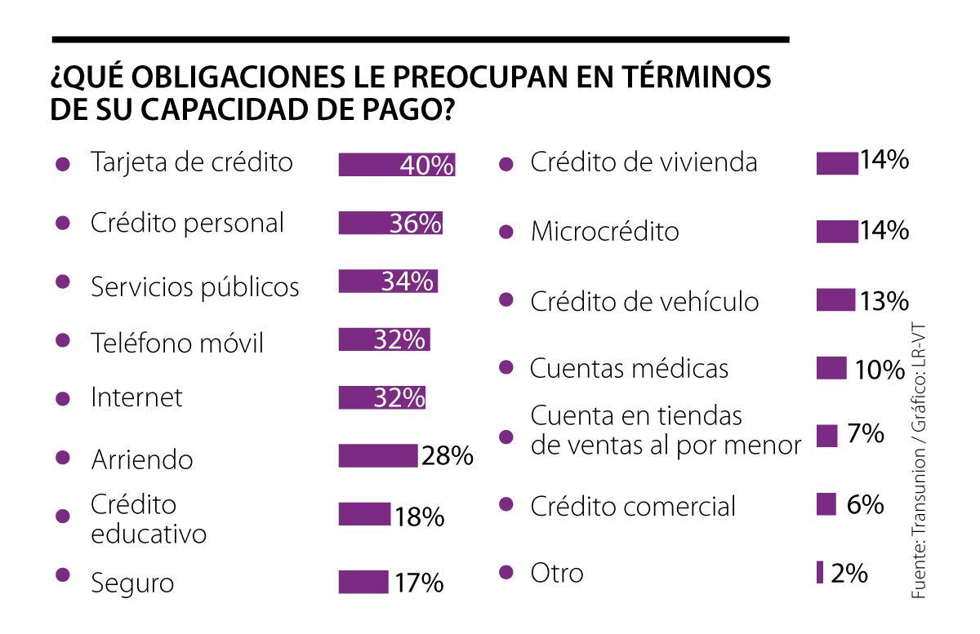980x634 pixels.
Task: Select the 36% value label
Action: point(416,223)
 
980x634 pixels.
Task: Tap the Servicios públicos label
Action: point(195,287)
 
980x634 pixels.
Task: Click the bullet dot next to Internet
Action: point(62,399)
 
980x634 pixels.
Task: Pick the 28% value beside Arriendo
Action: point(448,456)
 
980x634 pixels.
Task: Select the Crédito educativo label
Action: point(148,519)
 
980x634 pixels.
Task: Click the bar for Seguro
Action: point(363,582)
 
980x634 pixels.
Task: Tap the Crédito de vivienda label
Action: point(644,162)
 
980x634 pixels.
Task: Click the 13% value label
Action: point(884,301)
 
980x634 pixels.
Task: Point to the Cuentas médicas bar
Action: point(831,368)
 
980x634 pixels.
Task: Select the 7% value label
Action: point(866,434)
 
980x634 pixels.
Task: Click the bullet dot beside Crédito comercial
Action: point(506,504)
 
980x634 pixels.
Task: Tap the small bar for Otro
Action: point(820,573)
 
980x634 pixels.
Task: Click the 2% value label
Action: point(849,574)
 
